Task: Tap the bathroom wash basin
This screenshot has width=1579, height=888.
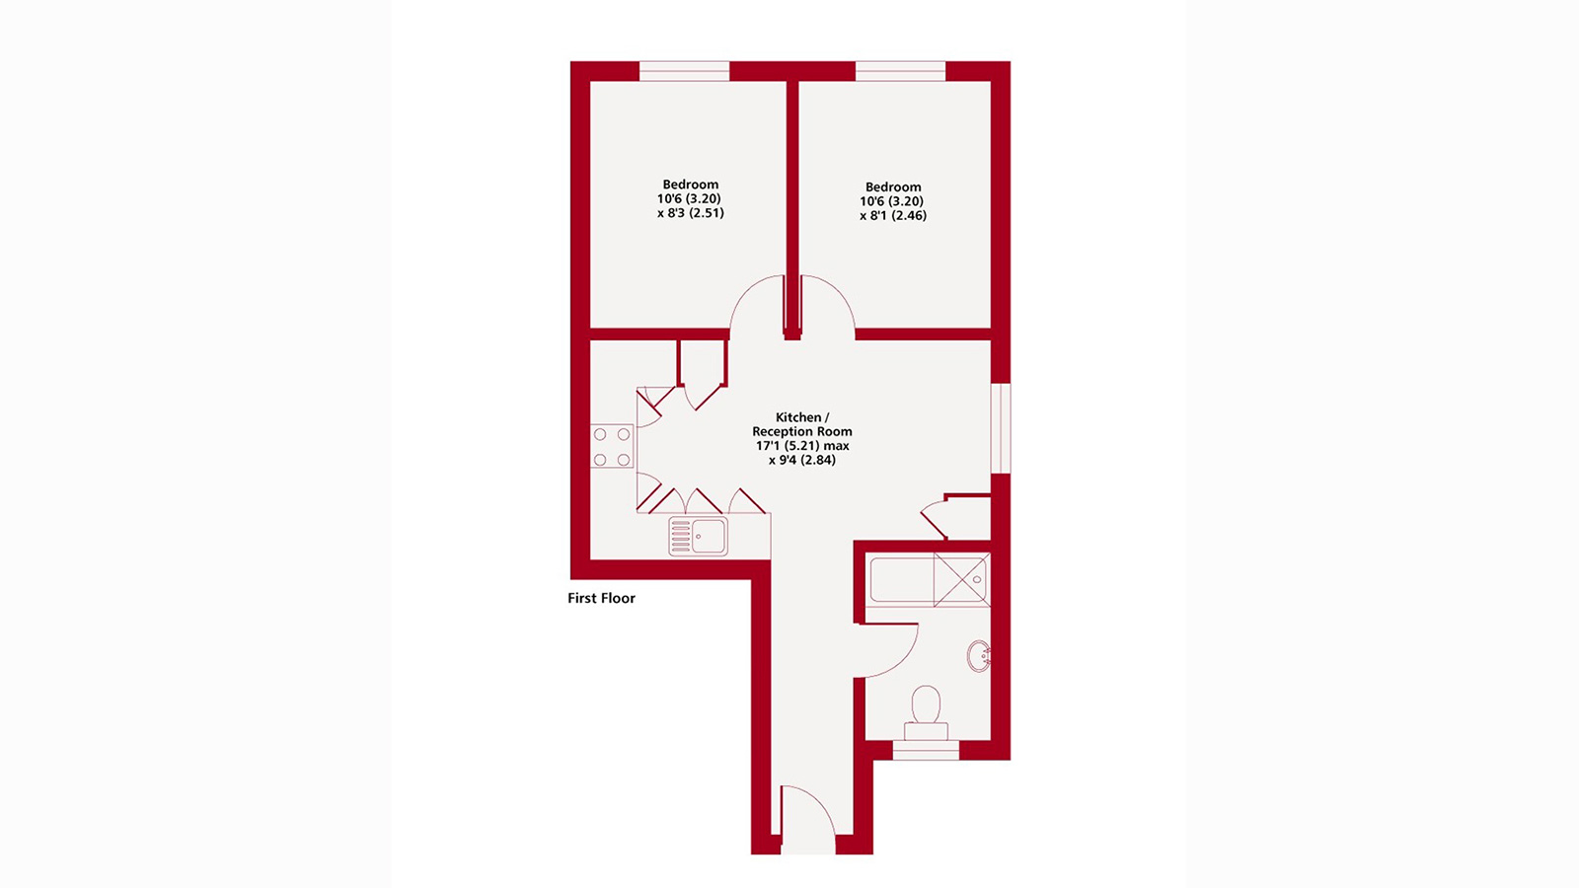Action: coord(978,656)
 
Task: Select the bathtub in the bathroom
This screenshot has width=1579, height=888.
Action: coord(901,579)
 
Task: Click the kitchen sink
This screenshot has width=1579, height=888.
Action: coord(698,537)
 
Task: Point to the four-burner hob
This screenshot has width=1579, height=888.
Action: coord(612,446)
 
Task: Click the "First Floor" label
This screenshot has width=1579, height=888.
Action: coord(601,598)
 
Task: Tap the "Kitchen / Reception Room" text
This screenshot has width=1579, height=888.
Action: coord(801,424)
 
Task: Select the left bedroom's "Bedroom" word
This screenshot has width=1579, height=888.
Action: coord(691,185)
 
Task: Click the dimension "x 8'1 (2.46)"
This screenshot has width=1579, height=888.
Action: coord(893,215)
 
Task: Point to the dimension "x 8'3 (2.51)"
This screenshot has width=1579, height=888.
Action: coord(691,212)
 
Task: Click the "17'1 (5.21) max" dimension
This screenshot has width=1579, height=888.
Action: coord(802,446)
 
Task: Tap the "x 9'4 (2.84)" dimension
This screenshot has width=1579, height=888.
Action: coord(802,460)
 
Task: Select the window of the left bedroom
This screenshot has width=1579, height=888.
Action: coord(684,71)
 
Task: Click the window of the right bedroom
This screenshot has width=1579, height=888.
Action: coord(900,71)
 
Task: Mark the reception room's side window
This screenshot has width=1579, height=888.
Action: coord(1001,428)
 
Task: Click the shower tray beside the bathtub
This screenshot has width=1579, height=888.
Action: coord(960,579)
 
